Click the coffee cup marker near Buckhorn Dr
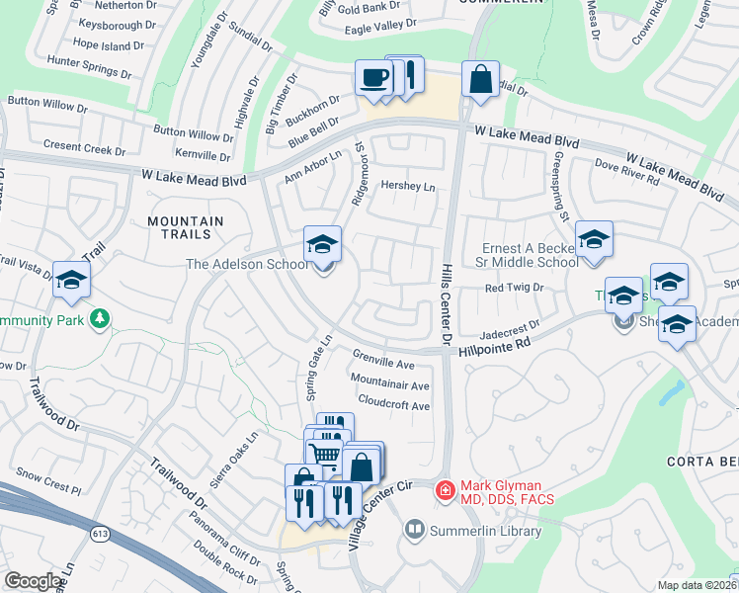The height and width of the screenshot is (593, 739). click(x=374, y=79)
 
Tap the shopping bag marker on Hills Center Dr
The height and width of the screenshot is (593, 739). click(x=480, y=80)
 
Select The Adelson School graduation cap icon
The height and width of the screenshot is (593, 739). click(x=322, y=244)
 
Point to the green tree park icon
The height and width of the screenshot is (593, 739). click(x=98, y=318)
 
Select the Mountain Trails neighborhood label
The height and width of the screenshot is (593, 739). click(x=180, y=227)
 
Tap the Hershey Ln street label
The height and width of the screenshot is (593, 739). click(x=408, y=186)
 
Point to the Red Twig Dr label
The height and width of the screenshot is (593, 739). click(x=514, y=287)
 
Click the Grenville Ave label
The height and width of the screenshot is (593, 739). click(x=383, y=364)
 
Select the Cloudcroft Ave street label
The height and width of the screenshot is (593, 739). click(x=393, y=405)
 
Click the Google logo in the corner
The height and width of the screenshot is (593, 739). click(x=33, y=581)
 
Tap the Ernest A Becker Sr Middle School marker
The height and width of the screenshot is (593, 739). click(x=593, y=240)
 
